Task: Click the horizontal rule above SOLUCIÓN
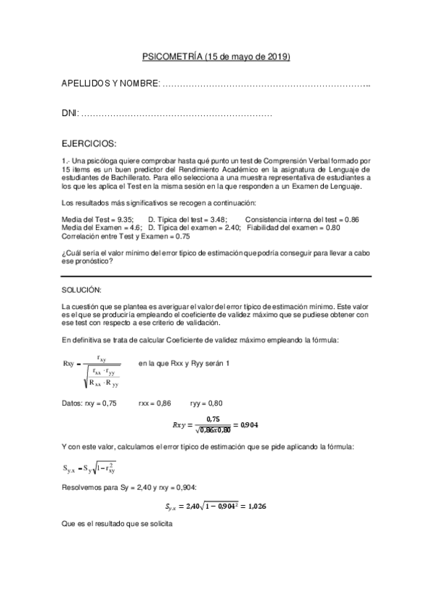(x=216, y=277)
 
